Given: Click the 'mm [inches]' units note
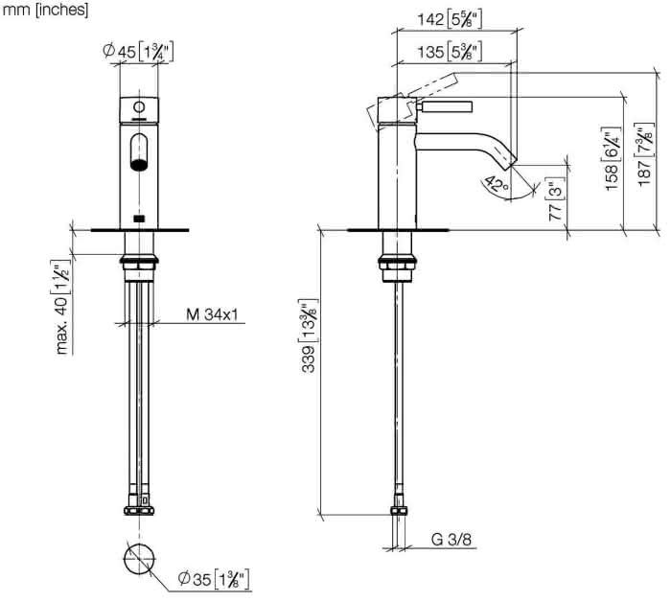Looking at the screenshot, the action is click(x=45, y=10).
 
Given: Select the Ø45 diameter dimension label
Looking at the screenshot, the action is click(x=138, y=52).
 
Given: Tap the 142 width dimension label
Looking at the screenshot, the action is click(x=450, y=19).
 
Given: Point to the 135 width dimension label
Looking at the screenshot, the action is click(x=450, y=52).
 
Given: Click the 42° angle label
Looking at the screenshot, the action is click(x=497, y=184).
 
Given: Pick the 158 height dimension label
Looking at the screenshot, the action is click(x=612, y=159).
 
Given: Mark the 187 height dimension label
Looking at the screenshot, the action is click(x=644, y=155).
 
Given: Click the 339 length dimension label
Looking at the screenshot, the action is click(x=309, y=336).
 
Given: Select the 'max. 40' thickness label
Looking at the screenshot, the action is click(x=62, y=307).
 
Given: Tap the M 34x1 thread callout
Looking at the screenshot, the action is click(x=212, y=315).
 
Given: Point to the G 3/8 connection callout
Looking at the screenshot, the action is click(x=451, y=540).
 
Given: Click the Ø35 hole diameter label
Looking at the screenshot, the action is click(x=213, y=579).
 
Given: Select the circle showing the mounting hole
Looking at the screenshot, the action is click(x=140, y=559).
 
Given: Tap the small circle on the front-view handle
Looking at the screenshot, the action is click(x=139, y=106).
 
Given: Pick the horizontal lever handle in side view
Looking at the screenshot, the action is click(x=444, y=107).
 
